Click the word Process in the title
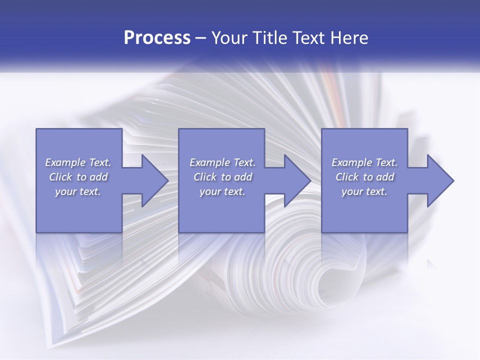157,38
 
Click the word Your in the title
231,38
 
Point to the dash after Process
201,38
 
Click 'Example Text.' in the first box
78,162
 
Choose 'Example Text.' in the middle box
222,162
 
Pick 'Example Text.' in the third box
364,162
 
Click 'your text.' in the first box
78,191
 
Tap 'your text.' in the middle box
222,191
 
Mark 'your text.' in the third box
364,191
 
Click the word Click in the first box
60,177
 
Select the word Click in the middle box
205,177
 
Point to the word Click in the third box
347,177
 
